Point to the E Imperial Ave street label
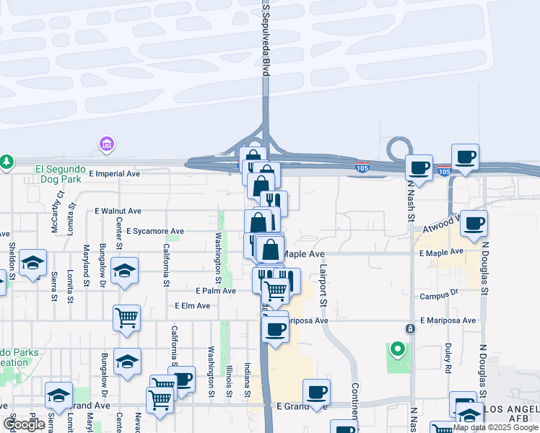tap(114, 174)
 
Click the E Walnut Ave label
tap(118, 211)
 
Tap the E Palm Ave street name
tap(216, 291)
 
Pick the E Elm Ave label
tap(192, 306)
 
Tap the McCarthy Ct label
tap(60, 204)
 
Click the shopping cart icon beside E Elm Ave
tap(127, 317)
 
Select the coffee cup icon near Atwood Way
tap(474, 223)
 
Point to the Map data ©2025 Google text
tap(495, 427)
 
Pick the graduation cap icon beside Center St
tap(126, 270)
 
